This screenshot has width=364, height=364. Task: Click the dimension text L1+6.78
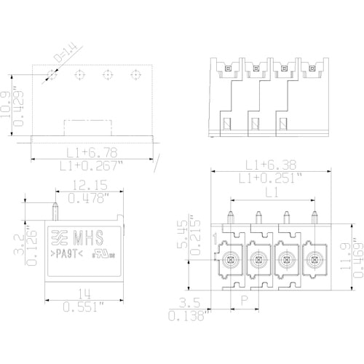pyautogui.click(x=91, y=151)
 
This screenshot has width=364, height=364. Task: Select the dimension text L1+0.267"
pyautogui.click(x=91, y=166)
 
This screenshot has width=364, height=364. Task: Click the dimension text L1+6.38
pyautogui.click(x=266, y=165)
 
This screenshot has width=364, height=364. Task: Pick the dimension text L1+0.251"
pyautogui.click(x=266, y=178)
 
